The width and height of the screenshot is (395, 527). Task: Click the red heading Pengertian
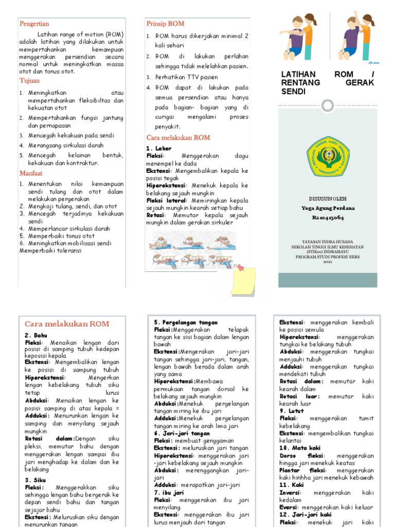[34, 24]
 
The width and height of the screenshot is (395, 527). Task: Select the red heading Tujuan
[29, 81]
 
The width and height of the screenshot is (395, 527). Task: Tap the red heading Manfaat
[31, 173]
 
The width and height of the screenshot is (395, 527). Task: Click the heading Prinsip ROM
[165, 24]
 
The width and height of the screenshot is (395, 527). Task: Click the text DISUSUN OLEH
[328, 198]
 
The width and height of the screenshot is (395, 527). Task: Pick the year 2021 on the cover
[328, 262]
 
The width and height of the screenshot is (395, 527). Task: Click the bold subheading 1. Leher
[160, 149]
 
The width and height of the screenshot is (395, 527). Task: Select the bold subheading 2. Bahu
[36, 336]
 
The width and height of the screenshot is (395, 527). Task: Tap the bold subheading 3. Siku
[36, 480]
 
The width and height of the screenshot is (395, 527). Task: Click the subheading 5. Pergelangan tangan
[186, 323]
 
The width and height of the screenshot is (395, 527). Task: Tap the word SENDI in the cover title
[294, 92]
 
